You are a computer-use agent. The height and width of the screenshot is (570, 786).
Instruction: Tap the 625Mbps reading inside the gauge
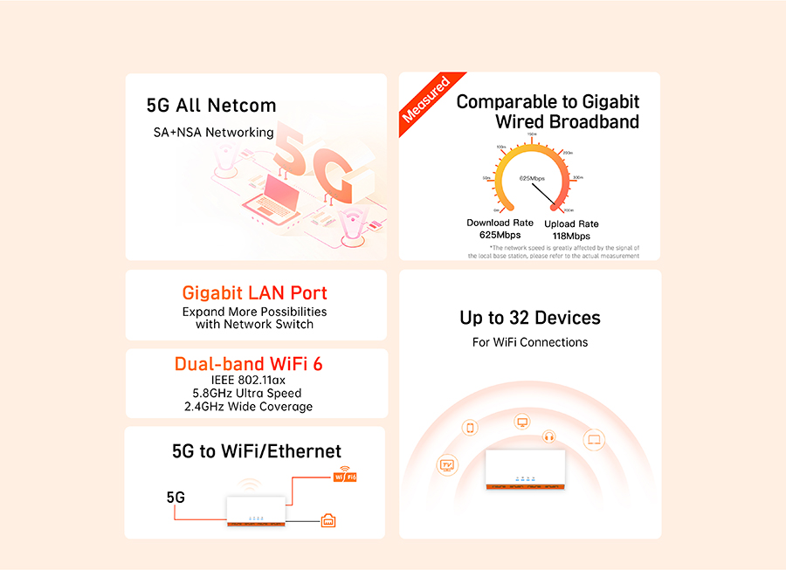[x=532, y=178]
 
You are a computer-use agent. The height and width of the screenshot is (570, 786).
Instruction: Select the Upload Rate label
[x=571, y=224]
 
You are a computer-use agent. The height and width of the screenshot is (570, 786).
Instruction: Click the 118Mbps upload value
[x=571, y=237]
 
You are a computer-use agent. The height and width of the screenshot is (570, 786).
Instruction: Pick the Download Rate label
[x=500, y=223]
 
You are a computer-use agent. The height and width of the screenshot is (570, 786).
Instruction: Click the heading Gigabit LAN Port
[x=255, y=293]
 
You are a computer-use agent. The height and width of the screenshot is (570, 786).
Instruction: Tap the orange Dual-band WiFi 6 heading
[x=248, y=364]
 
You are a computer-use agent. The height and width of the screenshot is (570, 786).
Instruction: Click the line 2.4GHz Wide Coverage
[x=248, y=407]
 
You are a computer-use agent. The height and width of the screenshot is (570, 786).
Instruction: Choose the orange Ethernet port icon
[x=328, y=521]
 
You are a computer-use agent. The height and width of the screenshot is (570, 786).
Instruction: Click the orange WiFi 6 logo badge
[x=344, y=477]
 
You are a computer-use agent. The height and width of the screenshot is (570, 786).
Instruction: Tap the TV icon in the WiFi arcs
[x=447, y=464]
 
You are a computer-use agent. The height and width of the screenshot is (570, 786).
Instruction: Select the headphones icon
[x=549, y=436]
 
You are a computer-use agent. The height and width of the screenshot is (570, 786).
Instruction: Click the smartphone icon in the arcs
[x=470, y=428]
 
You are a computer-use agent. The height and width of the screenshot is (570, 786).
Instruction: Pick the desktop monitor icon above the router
[x=522, y=422]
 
